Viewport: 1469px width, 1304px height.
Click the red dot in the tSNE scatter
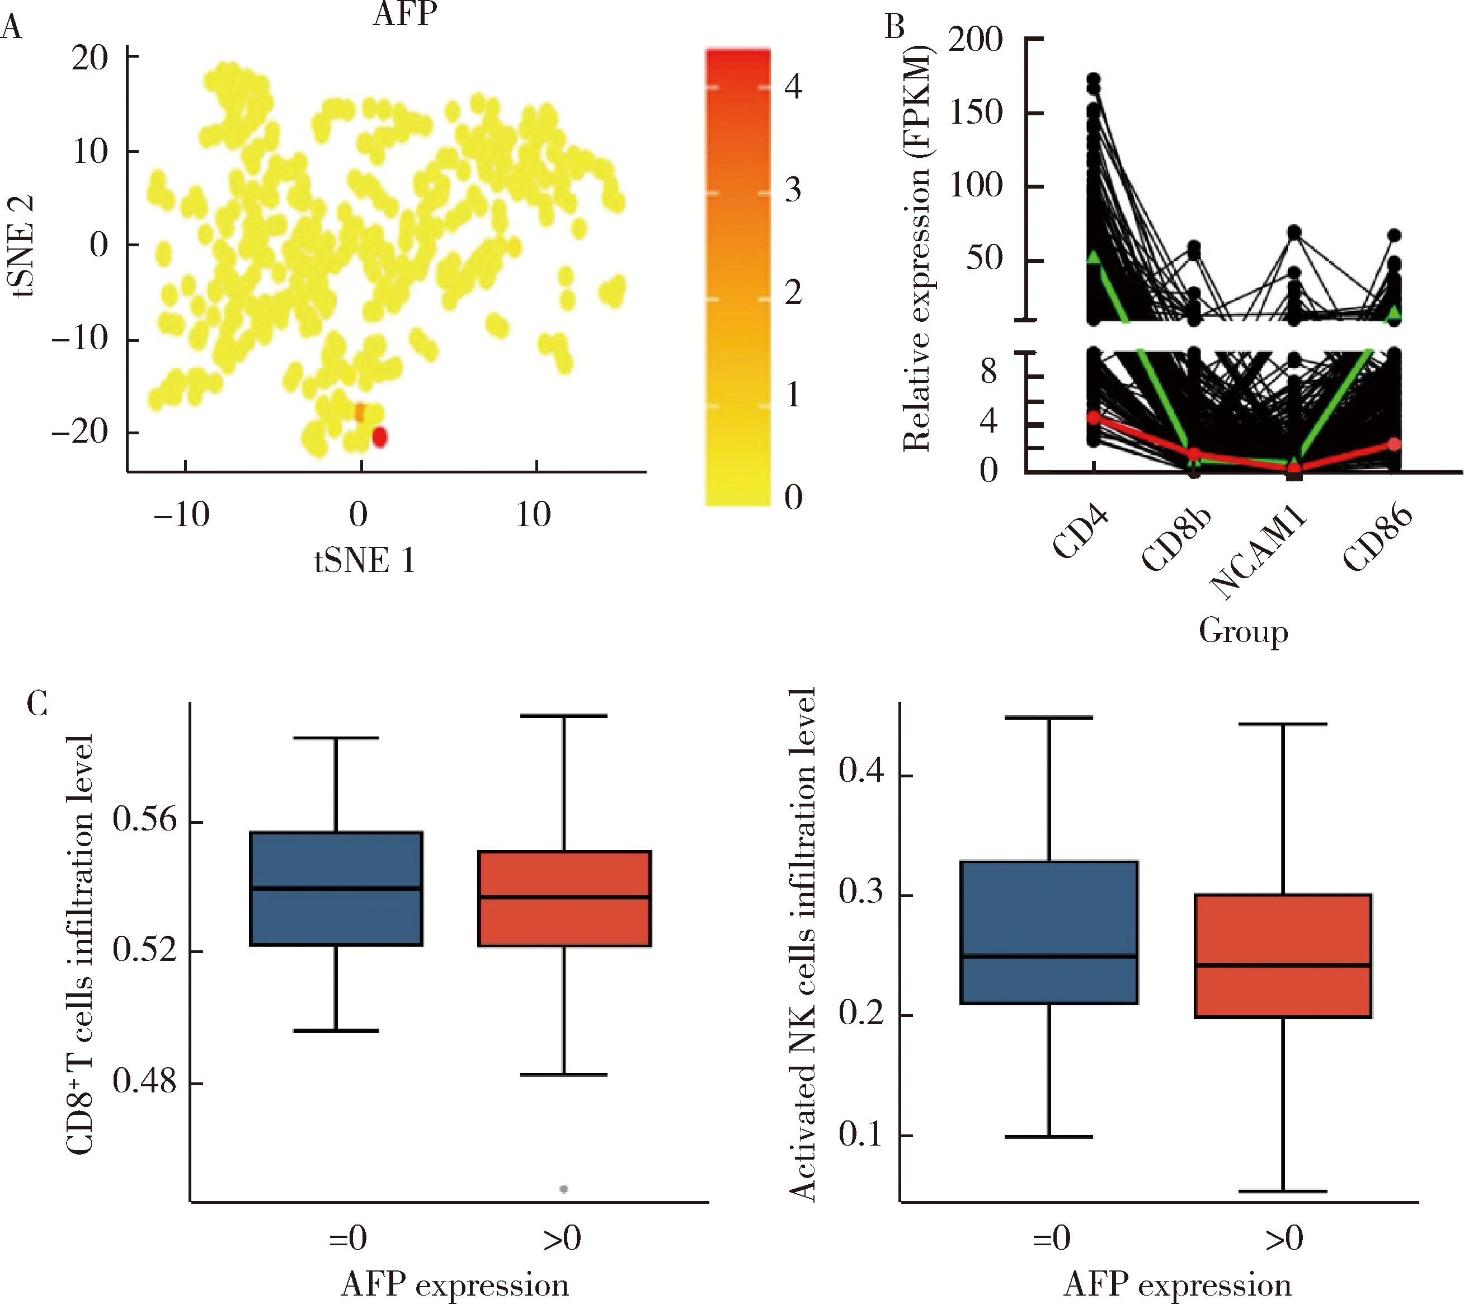click(379, 437)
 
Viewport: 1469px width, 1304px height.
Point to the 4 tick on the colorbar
click(793, 86)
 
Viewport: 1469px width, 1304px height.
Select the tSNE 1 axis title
click(364, 561)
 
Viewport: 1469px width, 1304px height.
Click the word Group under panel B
click(1244, 631)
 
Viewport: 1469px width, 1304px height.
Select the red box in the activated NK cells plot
click(1283, 955)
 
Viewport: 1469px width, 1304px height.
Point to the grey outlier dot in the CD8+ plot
click(564, 1189)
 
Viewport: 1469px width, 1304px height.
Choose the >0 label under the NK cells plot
click(1284, 1238)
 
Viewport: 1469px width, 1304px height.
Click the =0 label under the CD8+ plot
click(349, 1238)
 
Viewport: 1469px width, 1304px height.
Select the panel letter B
click(894, 27)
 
